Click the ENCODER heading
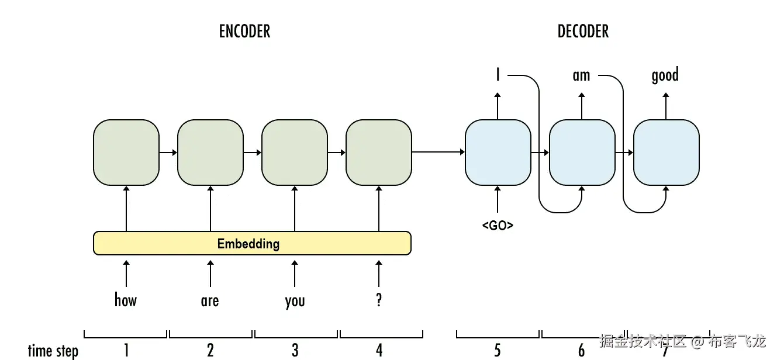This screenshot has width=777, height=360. coord(244,31)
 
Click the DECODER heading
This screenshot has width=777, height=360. coord(583,31)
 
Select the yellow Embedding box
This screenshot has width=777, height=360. coord(252,243)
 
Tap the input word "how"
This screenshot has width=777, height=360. coord(126,300)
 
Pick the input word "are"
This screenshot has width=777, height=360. coord(210,301)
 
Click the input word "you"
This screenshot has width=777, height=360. coord(295,302)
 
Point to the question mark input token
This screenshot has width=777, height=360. coord(379,300)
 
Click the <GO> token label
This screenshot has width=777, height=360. coord(498,226)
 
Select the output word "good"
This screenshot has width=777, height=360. coord(665,75)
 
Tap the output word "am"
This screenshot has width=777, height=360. coord(581,75)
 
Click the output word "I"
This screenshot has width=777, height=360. coord(498,75)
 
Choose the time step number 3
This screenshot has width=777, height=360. coord(295,350)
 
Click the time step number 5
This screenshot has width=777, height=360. coord(498,350)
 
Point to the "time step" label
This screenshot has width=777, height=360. coord(53,351)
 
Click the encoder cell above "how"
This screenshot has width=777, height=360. coord(126,153)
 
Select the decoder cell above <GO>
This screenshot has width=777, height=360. coord(498,153)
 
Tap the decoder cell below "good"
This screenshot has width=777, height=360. coord(666,153)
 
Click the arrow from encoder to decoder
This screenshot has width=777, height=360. coord(438,152)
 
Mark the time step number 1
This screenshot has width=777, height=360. coord(126,350)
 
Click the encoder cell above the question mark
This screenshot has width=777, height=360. coord(379,153)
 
